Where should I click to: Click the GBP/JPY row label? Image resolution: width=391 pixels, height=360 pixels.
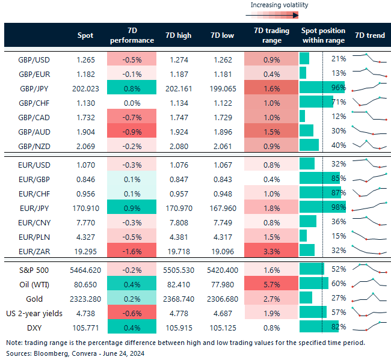click(x=35, y=87)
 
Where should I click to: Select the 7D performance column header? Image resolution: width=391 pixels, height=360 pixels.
click(x=132, y=35)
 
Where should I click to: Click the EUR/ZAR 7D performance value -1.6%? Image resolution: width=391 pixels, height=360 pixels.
click(x=132, y=249)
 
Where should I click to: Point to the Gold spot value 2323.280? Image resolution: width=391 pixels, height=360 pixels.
click(x=85, y=297)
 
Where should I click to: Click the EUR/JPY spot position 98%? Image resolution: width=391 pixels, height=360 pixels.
click(x=338, y=207)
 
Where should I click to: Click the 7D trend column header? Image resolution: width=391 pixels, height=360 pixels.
click(x=369, y=35)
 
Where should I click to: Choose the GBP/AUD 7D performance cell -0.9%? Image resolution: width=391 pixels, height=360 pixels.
click(x=132, y=130)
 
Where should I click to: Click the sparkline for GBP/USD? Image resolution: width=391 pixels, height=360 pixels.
click(x=369, y=58)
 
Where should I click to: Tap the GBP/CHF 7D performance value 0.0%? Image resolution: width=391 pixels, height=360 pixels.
click(x=132, y=102)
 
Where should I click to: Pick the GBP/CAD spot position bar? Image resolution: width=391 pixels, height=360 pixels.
click(x=303, y=116)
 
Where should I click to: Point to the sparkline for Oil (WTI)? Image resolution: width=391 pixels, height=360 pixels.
click(x=369, y=283)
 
